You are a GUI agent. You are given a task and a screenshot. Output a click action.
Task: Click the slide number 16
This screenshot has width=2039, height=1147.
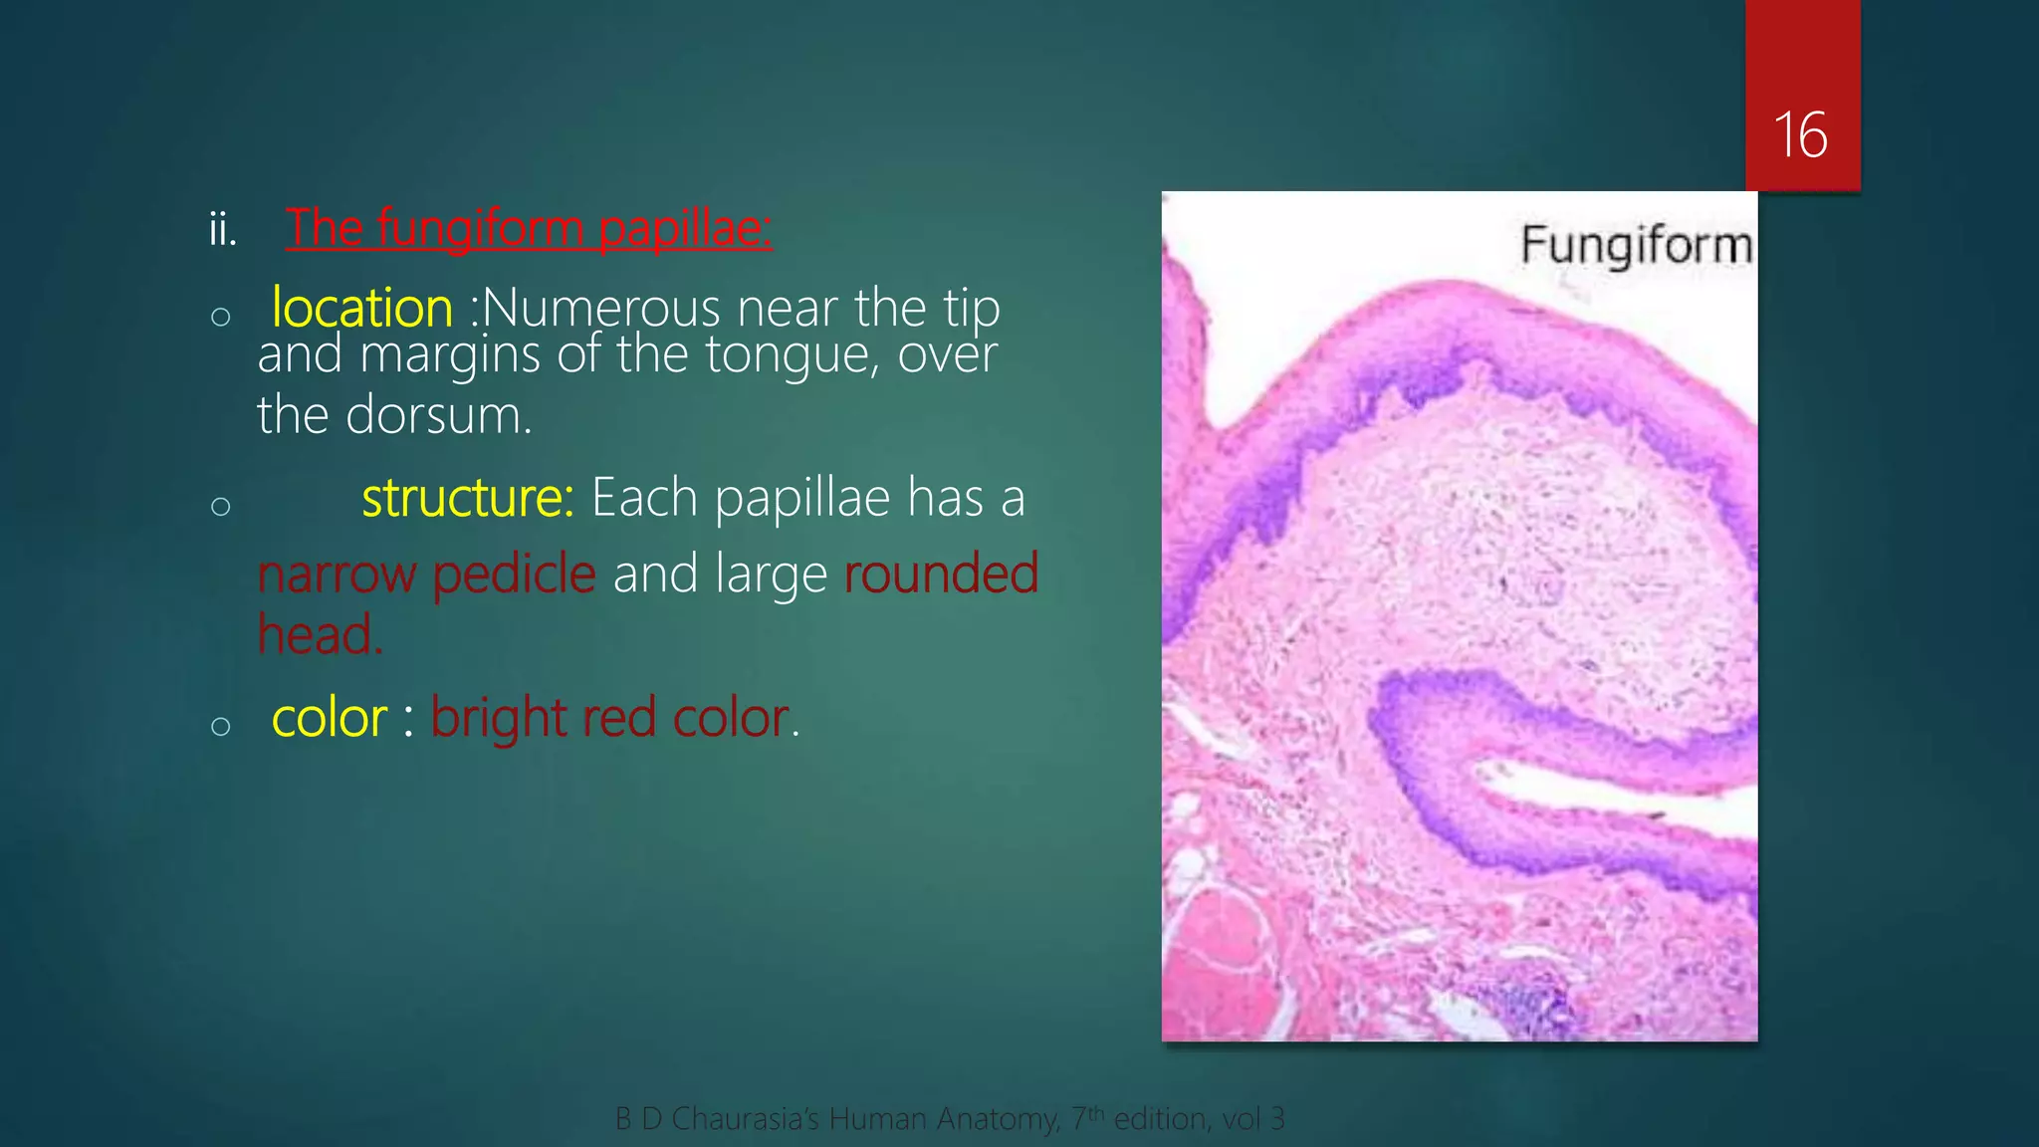click(x=1800, y=135)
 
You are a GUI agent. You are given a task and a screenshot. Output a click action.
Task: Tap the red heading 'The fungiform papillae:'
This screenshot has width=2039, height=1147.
click(x=529, y=228)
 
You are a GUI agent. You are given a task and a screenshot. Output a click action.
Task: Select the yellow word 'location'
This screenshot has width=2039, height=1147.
click(x=362, y=308)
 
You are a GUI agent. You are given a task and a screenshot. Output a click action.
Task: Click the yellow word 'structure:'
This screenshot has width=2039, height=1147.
click(x=468, y=497)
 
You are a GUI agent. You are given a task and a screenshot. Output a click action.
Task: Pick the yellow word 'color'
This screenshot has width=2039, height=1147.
click(x=330, y=718)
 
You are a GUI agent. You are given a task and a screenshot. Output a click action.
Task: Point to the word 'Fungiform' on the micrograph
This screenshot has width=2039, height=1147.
click(x=1636, y=245)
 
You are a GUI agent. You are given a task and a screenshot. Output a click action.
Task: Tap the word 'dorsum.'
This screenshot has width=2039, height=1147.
click(x=439, y=415)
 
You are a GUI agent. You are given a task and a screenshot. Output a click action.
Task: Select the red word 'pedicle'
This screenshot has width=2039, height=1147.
click(x=514, y=574)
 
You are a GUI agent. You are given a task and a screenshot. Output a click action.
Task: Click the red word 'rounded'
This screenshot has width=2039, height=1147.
click(x=941, y=573)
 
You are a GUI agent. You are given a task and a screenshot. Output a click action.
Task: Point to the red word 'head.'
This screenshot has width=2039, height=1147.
click(x=320, y=635)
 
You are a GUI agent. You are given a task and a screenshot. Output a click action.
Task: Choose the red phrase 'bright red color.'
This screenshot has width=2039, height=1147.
click(x=614, y=718)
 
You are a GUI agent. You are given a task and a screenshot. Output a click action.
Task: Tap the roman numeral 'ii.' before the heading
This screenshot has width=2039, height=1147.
click(x=223, y=230)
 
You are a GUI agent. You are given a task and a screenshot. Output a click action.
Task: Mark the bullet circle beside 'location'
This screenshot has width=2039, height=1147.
click(x=221, y=318)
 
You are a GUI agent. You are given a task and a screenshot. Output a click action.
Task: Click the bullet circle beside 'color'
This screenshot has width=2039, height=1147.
click(x=221, y=726)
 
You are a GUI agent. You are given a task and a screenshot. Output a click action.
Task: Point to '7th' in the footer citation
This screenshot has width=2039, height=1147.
click(x=1088, y=1118)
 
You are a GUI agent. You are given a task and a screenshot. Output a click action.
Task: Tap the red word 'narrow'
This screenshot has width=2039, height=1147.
click(x=337, y=574)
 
